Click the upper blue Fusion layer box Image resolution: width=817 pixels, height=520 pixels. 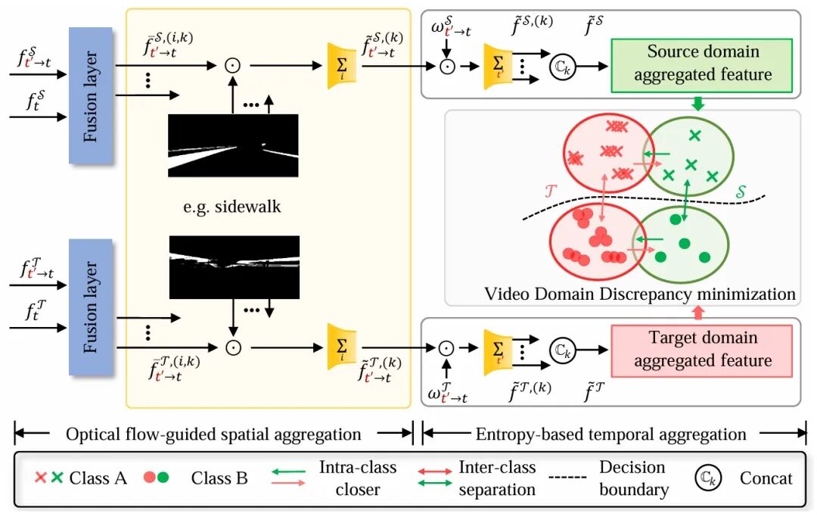90,95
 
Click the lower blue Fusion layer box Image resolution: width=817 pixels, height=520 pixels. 90,307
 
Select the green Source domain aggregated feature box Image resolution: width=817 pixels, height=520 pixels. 703,64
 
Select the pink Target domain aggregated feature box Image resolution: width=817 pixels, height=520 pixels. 703,349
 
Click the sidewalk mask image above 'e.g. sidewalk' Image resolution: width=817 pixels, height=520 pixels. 234,145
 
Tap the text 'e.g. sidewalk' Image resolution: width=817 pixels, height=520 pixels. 234,206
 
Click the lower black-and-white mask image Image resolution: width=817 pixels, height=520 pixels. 234,267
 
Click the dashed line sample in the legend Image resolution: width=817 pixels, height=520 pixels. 574,478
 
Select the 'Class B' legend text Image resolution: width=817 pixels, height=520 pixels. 219,478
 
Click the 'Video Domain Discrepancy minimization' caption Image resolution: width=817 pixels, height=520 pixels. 640,293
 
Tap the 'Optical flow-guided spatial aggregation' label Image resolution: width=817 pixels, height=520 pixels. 213,434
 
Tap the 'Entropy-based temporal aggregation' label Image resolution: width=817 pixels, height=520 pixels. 610,434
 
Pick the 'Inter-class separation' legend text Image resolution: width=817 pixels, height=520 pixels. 497,478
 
